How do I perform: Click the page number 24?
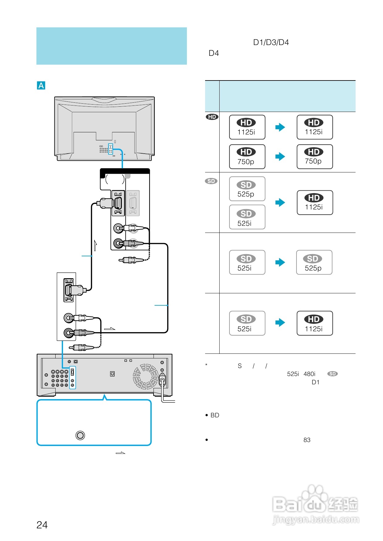point(42,525)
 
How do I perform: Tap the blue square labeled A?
point(41,85)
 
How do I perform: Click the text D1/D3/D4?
point(271,43)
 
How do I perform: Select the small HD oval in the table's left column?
point(212,117)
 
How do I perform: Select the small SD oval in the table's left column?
point(211,181)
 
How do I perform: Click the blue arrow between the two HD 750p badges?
point(280,157)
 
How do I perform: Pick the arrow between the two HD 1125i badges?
point(280,127)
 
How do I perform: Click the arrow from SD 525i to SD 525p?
point(280,262)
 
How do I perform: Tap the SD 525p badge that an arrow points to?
point(314,262)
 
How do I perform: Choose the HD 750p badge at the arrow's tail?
point(247,157)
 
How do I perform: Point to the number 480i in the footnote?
point(309,374)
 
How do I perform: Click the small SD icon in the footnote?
point(333,374)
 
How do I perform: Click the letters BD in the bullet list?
point(215,415)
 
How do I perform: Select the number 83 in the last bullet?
point(307,440)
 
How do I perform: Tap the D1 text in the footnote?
point(315,382)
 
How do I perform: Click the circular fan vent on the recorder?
point(145,376)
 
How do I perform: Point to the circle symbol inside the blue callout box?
point(80,435)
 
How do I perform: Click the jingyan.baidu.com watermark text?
point(316,520)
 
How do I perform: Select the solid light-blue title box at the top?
point(112,46)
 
